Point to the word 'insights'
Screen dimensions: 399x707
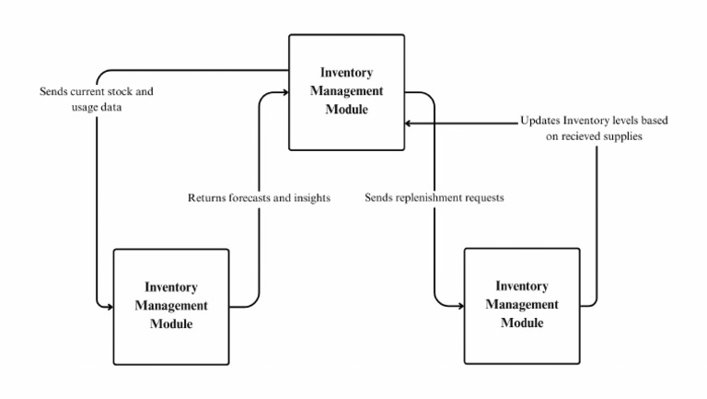(x=311, y=198)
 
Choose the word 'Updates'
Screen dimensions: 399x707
(x=539, y=121)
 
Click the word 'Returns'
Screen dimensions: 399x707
(x=204, y=198)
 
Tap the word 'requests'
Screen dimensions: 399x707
(x=485, y=198)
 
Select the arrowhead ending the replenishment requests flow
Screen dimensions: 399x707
(x=458, y=305)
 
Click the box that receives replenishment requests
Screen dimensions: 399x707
(x=521, y=305)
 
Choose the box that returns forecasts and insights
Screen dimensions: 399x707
(x=170, y=306)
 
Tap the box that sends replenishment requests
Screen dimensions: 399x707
(x=346, y=92)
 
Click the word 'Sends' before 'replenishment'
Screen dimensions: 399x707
(x=379, y=198)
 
